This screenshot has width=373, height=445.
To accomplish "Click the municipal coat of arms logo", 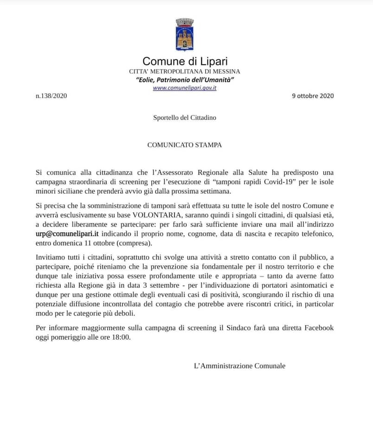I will coord(184,35).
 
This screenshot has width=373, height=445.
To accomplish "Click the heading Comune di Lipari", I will coord(185,61).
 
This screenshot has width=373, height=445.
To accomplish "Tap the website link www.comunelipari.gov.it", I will coord(185,88).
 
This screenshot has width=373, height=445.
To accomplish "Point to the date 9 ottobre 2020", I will coord(313,96).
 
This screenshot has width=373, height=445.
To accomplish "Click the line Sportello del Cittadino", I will coord(185,118).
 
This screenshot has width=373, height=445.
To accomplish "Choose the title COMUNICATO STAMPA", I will coord(185,145).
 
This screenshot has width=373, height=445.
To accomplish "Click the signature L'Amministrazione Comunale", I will coord(239,366).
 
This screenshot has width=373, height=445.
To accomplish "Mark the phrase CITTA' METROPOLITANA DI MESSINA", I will coord(185,71).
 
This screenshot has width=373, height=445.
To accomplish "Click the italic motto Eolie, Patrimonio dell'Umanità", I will coord(185,80).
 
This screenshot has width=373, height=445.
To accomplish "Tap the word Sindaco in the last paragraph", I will coord(244,328).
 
